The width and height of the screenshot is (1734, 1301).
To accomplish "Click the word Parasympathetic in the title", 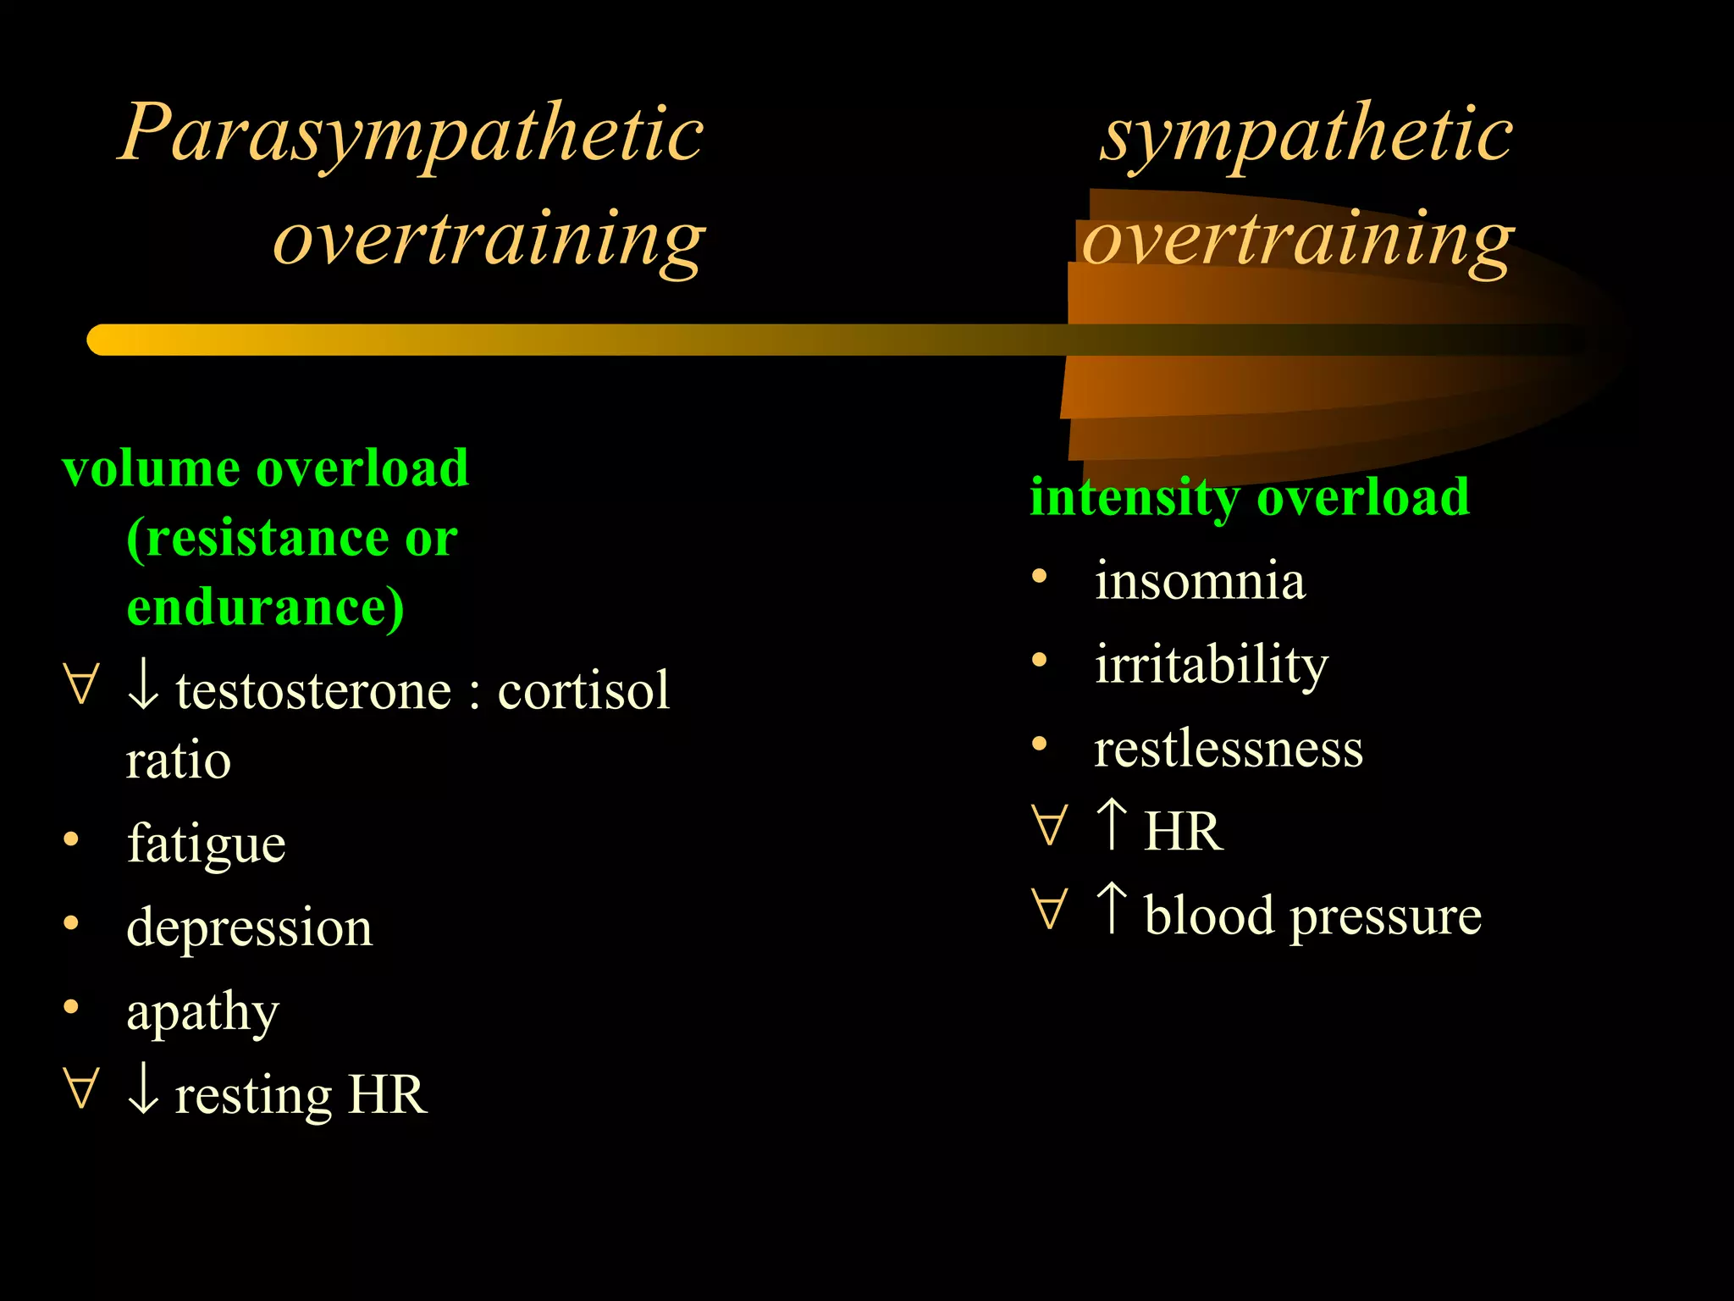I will click(x=411, y=134).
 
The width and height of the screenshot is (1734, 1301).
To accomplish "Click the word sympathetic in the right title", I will click(x=1306, y=134).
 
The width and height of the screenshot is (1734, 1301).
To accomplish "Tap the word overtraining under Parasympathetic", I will click(x=489, y=239).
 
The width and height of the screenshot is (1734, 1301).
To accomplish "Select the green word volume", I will click(x=151, y=468).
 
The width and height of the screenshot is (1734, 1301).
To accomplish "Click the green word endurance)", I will click(x=265, y=607).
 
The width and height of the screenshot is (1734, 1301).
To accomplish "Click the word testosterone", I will click(x=313, y=690).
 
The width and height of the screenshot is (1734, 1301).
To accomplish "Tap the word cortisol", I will click(x=583, y=690).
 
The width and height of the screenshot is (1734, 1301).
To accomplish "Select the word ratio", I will click(x=178, y=760).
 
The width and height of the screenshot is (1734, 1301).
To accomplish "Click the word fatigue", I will click(x=206, y=844).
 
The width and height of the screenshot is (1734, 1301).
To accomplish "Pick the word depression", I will click(x=249, y=927).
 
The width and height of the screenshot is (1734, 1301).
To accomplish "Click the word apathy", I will click(x=202, y=1010).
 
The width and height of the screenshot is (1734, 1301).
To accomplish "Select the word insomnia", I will click(x=1200, y=581).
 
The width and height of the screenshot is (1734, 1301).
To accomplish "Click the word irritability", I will click(x=1211, y=664).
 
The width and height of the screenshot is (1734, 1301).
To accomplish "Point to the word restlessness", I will click(x=1229, y=748).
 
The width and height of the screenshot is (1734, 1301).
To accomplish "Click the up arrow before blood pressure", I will click(x=1111, y=907).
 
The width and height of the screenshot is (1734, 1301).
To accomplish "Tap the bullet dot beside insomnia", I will click(x=1040, y=577).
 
